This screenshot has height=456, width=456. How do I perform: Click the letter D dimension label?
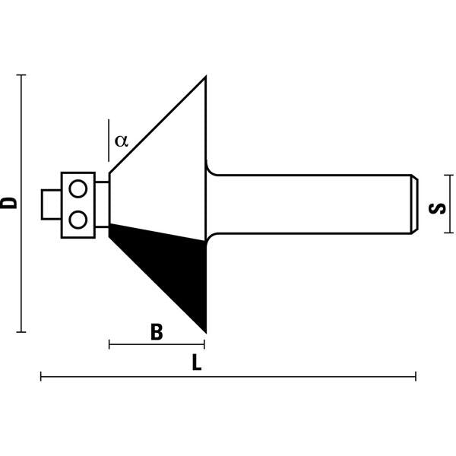point(9,203)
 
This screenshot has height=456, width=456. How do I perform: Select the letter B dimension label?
point(157,332)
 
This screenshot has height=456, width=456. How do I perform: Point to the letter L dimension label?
point(197,364)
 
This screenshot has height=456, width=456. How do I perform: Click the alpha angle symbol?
point(122,141)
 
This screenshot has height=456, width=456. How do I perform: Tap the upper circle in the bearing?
point(77,188)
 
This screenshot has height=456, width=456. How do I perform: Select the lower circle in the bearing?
point(77,219)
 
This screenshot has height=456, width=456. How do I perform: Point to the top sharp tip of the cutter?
point(205,78)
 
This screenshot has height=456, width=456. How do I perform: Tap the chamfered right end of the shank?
point(414,203)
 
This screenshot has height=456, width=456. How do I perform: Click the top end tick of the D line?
point(21,75)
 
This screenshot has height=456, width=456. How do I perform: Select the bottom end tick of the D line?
point(21,331)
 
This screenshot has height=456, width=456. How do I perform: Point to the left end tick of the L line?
point(41,376)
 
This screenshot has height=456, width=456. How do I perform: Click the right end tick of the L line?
point(416,376)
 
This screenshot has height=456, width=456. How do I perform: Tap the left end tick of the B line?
point(109,345)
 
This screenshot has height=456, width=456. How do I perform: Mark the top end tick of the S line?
point(451,175)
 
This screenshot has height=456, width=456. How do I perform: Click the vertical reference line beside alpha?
point(109,137)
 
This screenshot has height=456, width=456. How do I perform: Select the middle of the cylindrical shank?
point(312,203)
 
